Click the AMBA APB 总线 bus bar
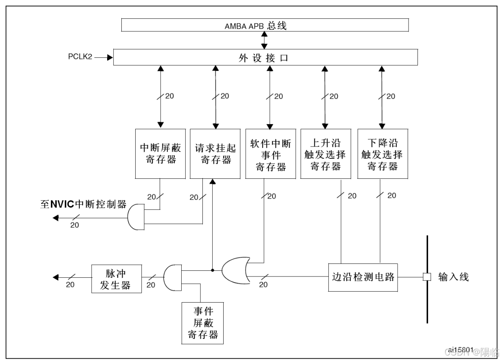click(x=265, y=26)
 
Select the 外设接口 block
click(x=265, y=57)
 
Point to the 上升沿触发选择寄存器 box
click(x=325, y=154)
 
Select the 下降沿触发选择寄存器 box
click(x=382, y=154)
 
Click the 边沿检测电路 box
click(x=363, y=277)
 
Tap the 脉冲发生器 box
click(x=116, y=278)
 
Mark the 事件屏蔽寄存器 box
click(x=203, y=323)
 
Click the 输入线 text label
click(x=453, y=277)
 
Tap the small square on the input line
click(x=426, y=277)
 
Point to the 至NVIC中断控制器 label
click(x=83, y=204)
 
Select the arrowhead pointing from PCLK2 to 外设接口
click(x=110, y=57)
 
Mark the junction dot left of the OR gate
click(x=213, y=270)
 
